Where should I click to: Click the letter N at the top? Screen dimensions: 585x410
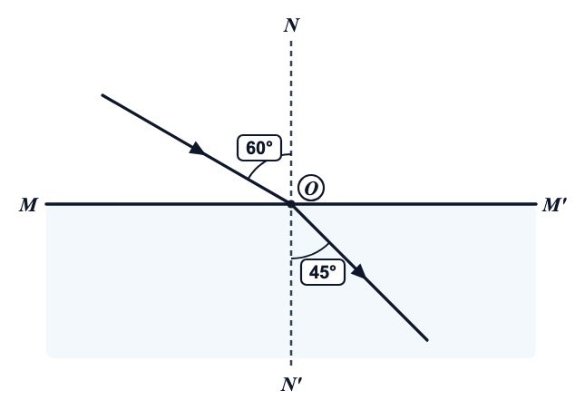pos(291,25)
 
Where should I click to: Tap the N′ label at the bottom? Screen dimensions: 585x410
pos(291,385)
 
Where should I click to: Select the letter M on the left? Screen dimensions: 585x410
pos(28,205)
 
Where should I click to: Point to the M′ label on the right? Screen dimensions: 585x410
pos(554,205)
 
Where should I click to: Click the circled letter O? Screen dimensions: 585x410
pos(311,188)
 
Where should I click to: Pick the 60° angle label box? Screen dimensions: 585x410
pos(259,148)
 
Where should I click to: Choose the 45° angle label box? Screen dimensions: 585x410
pos(323,272)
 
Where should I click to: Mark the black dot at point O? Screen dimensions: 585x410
pos(291,204)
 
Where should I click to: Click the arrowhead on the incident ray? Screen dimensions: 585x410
pos(197,149)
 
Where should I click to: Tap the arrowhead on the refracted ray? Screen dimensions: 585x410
pos(359,271)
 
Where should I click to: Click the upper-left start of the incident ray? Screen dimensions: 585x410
pos(102,95)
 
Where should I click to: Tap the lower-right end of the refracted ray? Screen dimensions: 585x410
pos(427,340)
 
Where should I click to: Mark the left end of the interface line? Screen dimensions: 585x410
pos(46,204)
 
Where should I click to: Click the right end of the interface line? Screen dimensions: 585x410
pos(536,204)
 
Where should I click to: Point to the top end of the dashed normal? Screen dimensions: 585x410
pos(291,41)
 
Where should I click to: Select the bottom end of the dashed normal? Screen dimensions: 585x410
pos(291,365)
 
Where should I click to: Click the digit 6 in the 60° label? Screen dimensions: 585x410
pos(250,148)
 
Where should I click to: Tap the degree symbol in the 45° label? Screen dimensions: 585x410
pos(333,268)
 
